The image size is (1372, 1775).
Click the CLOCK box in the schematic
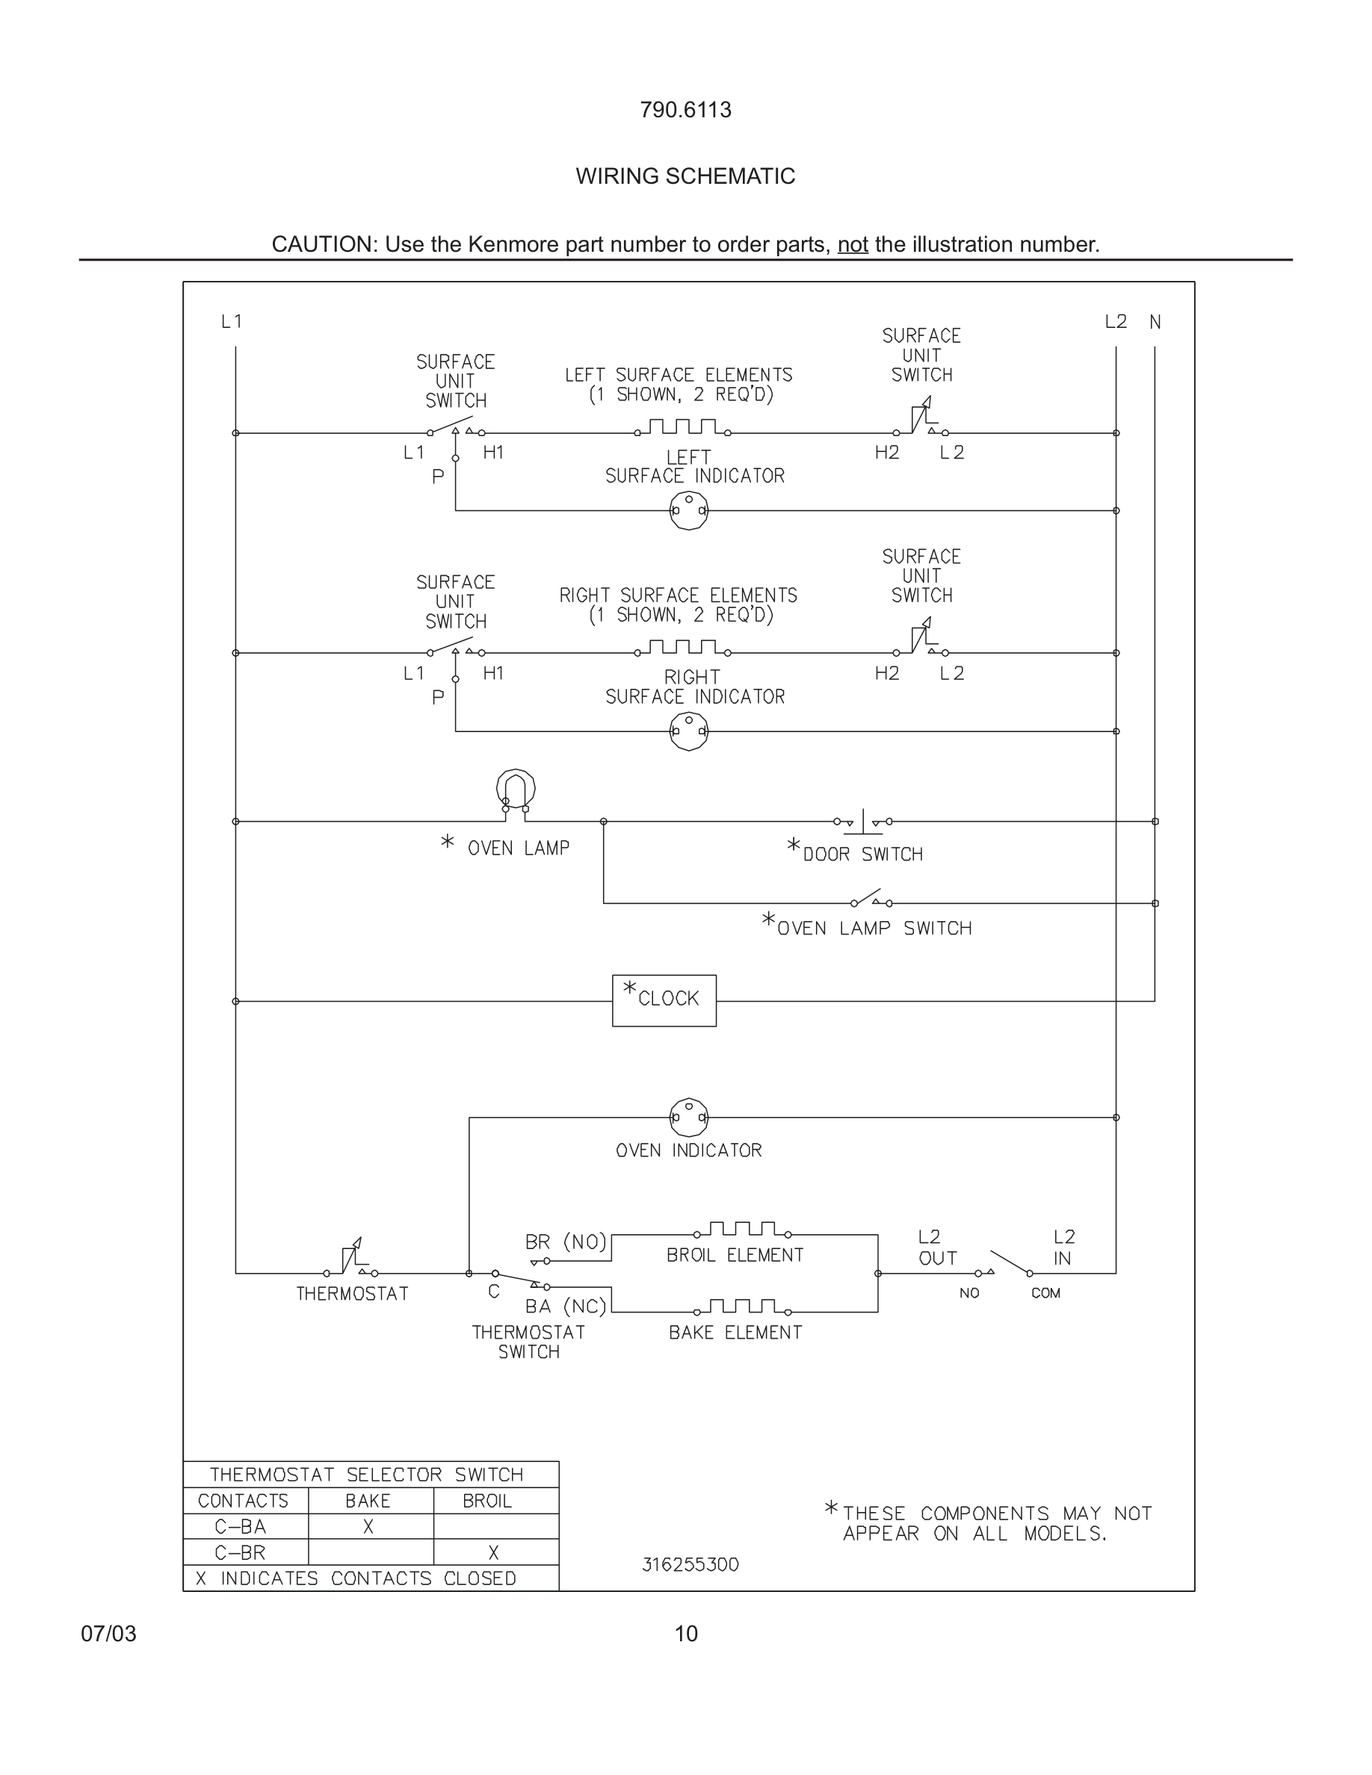point(664,1000)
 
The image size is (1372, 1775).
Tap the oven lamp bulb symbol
point(516,788)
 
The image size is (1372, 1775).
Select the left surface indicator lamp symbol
point(688,510)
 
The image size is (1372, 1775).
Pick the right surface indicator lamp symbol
point(688,731)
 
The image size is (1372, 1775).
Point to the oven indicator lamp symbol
point(688,1118)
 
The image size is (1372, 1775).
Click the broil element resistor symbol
point(741,1230)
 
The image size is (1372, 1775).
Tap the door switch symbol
point(863,823)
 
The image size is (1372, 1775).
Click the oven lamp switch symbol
point(871,899)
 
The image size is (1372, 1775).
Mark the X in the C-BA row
point(368,1527)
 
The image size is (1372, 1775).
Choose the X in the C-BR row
point(493,1553)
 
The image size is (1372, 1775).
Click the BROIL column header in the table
point(487,1501)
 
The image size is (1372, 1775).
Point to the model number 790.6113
point(685,110)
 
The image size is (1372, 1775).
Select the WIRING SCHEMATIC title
point(685,176)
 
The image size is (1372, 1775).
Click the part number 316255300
point(690,1564)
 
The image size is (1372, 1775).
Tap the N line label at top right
point(1155,323)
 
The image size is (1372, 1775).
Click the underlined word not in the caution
point(853,244)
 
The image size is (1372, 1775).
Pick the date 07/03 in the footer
point(108,1634)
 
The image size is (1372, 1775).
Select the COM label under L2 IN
point(1045,1293)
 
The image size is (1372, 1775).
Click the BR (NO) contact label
point(566,1242)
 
